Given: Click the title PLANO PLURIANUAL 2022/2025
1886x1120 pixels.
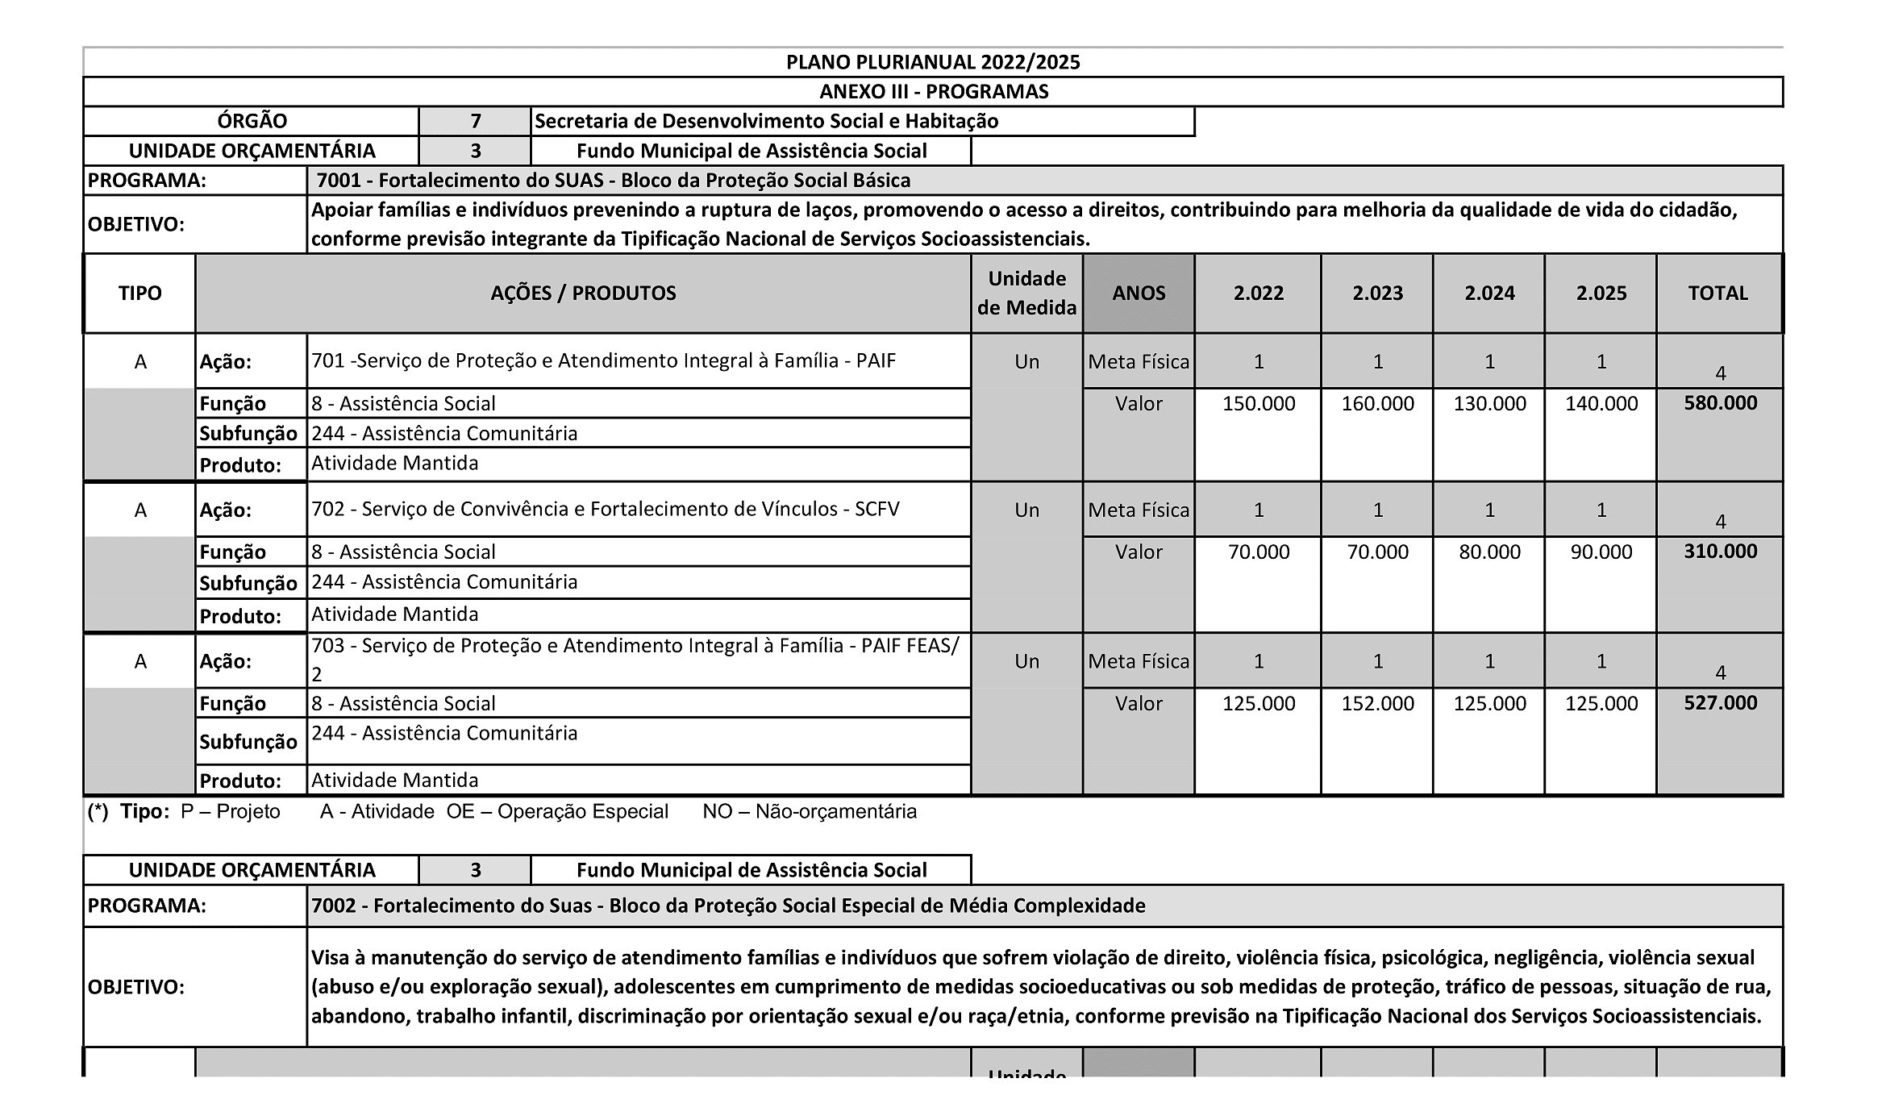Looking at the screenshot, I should pyautogui.click(x=933, y=62).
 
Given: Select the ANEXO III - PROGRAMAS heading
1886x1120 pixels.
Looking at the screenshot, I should pyautogui.click(x=933, y=91).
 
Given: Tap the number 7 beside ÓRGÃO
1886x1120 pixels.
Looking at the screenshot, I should pyautogui.click(x=476, y=121).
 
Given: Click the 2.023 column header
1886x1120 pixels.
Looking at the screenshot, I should pyautogui.click(x=1377, y=293).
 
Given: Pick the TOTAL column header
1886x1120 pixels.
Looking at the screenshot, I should pyautogui.click(x=1717, y=293).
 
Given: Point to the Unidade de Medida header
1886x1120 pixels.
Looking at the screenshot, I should pyautogui.click(x=1026, y=293).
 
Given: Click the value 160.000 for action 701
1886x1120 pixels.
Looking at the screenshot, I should pyautogui.click(x=1377, y=403).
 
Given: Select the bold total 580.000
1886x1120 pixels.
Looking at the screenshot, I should pyautogui.click(x=1720, y=402).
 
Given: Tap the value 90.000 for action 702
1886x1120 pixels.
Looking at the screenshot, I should pyautogui.click(x=1601, y=552).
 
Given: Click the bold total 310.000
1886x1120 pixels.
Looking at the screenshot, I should pyautogui.click(x=1720, y=551).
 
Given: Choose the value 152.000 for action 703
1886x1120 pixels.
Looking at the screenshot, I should pyautogui.click(x=1377, y=703).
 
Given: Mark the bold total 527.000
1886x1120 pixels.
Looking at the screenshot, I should pyautogui.click(x=1720, y=702).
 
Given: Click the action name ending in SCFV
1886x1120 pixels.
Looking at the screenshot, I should pyautogui.click(x=606, y=509).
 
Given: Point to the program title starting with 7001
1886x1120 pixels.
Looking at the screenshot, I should pyautogui.click(x=614, y=180).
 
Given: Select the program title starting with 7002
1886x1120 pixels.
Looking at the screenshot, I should pyautogui.click(x=728, y=906).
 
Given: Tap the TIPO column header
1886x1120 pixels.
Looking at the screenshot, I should pyautogui.click(x=139, y=293).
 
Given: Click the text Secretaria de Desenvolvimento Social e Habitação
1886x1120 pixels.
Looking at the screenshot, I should pyautogui.click(x=766, y=121).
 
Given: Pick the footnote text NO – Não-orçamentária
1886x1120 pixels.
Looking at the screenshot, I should pyautogui.click(x=810, y=811).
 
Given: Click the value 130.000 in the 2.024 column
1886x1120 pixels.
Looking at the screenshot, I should pyautogui.click(x=1489, y=403).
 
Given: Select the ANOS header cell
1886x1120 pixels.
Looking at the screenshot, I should pyautogui.click(x=1139, y=293).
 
